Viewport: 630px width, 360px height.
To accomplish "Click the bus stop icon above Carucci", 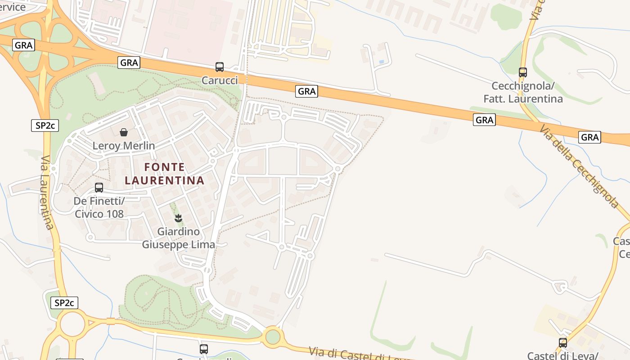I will coord(220,67).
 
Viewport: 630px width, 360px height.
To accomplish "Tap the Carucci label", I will coord(220,80).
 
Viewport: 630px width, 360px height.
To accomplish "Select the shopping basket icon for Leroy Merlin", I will coord(124,132).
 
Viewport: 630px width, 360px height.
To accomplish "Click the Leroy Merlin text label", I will coord(124,146).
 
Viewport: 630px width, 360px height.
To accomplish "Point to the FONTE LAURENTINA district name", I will coord(165,174).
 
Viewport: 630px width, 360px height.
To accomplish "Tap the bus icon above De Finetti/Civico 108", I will coord(99,188).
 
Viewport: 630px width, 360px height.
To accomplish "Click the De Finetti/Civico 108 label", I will coord(99,207).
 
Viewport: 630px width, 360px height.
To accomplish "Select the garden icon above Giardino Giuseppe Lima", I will coord(179,219).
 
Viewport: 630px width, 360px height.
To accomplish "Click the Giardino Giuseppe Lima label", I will coord(179,238).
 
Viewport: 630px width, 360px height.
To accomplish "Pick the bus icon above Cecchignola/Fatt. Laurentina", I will coord(522,72).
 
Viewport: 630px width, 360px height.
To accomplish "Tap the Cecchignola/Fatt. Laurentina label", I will coord(523,92).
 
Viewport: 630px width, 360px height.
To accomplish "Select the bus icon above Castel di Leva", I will coord(563,343).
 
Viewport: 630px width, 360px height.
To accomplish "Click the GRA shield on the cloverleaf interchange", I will coord(24,45).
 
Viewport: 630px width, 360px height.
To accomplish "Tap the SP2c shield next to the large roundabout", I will coord(64,303).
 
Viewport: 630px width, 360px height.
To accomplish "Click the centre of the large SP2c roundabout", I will coord(72,325).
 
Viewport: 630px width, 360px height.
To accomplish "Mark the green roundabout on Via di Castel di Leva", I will coord(272,337).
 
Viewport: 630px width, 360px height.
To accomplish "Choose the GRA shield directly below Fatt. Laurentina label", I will coord(484,120).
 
